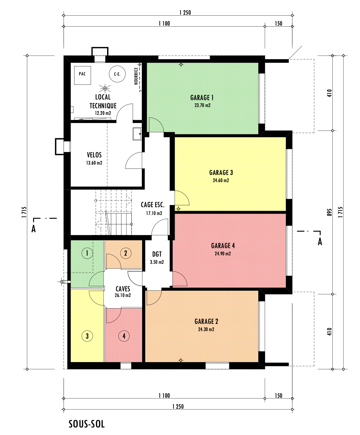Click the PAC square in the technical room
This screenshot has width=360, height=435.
(83, 75)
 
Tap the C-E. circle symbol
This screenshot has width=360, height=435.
(117, 74)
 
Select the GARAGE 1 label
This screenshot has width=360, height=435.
(202, 98)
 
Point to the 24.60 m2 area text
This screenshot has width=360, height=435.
(221, 181)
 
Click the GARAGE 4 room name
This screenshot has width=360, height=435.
(223, 246)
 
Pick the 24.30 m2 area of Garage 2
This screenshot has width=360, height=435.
(206, 329)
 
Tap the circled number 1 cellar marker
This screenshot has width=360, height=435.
(87, 253)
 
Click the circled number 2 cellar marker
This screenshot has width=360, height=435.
(126, 253)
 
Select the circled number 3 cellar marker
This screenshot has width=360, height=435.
(87, 336)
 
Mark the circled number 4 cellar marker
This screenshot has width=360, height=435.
(124, 336)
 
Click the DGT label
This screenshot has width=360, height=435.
(157, 254)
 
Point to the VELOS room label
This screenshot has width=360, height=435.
(94, 155)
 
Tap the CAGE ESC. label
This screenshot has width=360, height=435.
(153, 205)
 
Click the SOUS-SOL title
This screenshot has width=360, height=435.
(87, 424)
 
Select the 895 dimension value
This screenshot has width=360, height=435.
(330, 212)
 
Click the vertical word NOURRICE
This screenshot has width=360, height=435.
(136, 76)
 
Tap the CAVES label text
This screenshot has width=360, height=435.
(123, 289)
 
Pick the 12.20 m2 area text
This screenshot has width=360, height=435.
(103, 113)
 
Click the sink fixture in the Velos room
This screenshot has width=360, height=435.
(137, 134)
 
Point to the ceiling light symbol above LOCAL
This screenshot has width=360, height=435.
(105, 88)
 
